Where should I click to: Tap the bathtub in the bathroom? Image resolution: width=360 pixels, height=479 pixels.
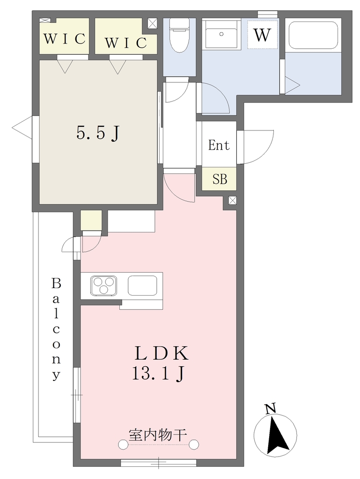point(313,35)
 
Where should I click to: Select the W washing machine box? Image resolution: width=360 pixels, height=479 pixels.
point(263,34)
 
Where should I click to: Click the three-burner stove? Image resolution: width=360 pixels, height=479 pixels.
point(103,286)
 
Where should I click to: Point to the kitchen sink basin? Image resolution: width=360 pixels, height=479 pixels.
point(143,286)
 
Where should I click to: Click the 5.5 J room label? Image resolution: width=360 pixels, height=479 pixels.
point(97,133)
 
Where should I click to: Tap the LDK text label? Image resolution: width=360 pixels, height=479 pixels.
point(162,354)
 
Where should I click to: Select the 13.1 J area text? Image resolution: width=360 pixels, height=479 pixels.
point(158,373)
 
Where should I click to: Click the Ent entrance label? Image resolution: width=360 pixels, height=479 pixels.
point(219,145)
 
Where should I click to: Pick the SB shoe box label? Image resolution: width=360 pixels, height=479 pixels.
point(220,179)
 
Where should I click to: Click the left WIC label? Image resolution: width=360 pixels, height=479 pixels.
point(65,39)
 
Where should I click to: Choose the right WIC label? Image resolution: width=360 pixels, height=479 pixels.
point(125,43)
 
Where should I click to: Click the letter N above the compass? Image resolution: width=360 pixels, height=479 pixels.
point(270,408)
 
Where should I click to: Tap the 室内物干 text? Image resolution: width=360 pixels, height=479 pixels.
point(158,435)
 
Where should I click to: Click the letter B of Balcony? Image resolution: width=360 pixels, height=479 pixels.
point(56,284)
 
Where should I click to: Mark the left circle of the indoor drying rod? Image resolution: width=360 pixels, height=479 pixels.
point(123,445)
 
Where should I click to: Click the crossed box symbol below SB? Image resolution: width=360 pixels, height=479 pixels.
point(232,200)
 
